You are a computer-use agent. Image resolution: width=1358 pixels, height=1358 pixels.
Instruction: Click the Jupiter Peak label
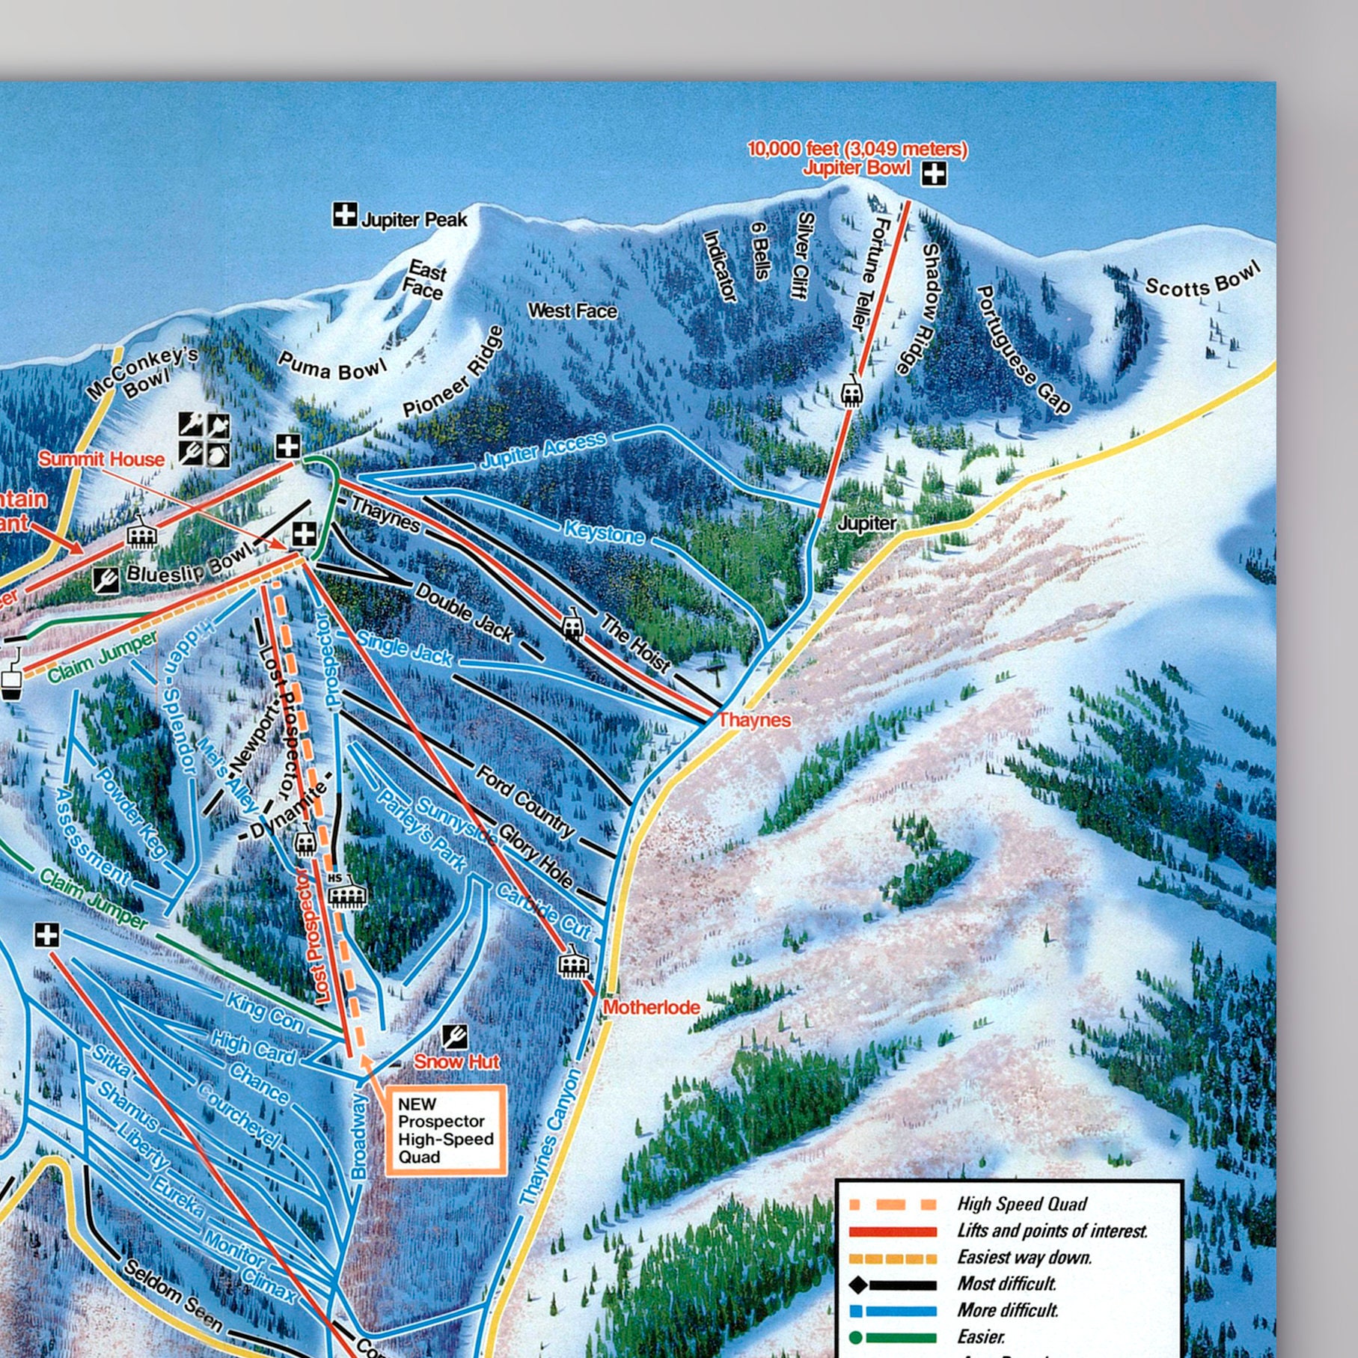[x=414, y=219]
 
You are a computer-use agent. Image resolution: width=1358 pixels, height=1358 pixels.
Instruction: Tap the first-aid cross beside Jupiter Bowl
[x=934, y=174]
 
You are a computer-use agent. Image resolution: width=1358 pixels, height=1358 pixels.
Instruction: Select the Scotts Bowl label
[x=1202, y=279]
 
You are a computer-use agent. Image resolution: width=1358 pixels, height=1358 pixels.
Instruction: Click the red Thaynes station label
[x=754, y=720]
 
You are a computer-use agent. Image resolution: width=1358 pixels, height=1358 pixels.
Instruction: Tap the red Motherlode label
[x=651, y=1006]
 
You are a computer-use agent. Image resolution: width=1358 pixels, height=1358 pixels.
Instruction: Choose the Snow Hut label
[x=456, y=1061]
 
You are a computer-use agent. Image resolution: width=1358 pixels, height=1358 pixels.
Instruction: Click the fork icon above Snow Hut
[x=455, y=1036]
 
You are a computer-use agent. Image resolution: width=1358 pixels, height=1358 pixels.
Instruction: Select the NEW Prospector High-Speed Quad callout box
[x=445, y=1130]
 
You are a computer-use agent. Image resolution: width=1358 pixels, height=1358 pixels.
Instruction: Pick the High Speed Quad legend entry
[x=1021, y=1204]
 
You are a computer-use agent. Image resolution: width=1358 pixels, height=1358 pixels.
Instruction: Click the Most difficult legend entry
[x=1006, y=1283]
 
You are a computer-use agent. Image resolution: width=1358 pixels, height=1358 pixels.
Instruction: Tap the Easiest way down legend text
[x=1024, y=1257]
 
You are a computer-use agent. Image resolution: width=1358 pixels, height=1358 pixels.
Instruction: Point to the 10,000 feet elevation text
[x=857, y=149]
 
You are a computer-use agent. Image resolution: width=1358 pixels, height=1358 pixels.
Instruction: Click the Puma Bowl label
[x=332, y=366]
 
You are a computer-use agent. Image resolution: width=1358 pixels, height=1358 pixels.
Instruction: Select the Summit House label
[x=101, y=459]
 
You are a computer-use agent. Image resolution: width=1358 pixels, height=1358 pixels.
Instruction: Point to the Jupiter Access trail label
[x=543, y=450]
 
